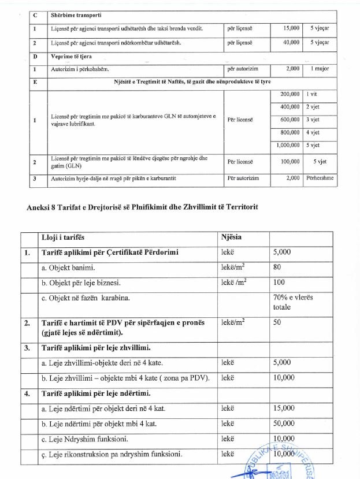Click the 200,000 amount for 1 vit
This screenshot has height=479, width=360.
290,94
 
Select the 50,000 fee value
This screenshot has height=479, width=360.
284,424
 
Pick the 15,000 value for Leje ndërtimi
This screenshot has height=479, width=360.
284,409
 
